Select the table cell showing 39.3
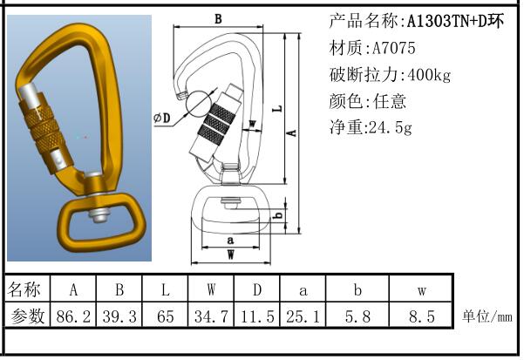pyautogui.click(x=119, y=316)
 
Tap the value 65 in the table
pyautogui.click(x=166, y=316)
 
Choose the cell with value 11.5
pyautogui.click(x=258, y=316)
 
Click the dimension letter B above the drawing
pyautogui.click(x=218, y=18)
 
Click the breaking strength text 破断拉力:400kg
pyautogui.click(x=390, y=75)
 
